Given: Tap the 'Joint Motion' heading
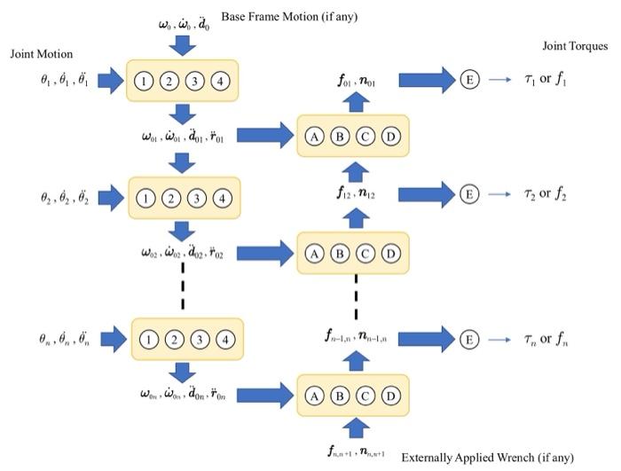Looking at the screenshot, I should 42,54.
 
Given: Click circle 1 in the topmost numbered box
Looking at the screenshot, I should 145,82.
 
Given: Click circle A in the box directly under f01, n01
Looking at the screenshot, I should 314,137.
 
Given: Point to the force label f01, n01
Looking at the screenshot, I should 354,81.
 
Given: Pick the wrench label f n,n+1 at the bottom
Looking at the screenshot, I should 354,452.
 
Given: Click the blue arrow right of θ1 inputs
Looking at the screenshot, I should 110,82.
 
